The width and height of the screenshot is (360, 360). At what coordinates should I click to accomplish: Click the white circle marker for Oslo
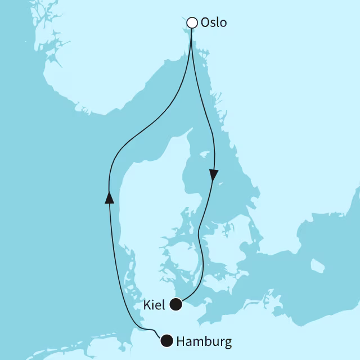pyautogui.click(x=192, y=23)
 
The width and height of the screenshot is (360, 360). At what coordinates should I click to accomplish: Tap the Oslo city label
pyautogui.click(x=214, y=24)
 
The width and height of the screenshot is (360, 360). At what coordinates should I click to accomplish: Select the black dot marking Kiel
pyautogui.click(x=176, y=305)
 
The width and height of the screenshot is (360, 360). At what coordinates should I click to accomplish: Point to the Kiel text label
pyautogui.click(x=154, y=305)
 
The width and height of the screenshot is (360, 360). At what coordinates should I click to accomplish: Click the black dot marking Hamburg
pyautogui.click(x=166, y=341)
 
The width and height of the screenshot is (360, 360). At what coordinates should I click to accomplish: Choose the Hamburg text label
pyautogui.click(x=204, y=341)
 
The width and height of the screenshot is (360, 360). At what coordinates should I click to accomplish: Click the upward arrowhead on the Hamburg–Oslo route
pyautogui.click(x=110, y=196)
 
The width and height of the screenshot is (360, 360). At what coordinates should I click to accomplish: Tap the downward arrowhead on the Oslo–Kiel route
pyautogui.click(x=214, y=174)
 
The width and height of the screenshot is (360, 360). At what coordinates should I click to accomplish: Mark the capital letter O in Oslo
pyautogui.click(x=206, y=24)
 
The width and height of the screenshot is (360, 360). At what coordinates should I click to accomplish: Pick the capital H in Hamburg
pyautogui.click(x=181, y=341)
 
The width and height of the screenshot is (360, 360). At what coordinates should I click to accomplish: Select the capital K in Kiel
pyautogui.click(x=146, y=305)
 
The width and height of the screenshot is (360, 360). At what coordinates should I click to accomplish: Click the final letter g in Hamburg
pyautogui.click(x=227, y=343)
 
